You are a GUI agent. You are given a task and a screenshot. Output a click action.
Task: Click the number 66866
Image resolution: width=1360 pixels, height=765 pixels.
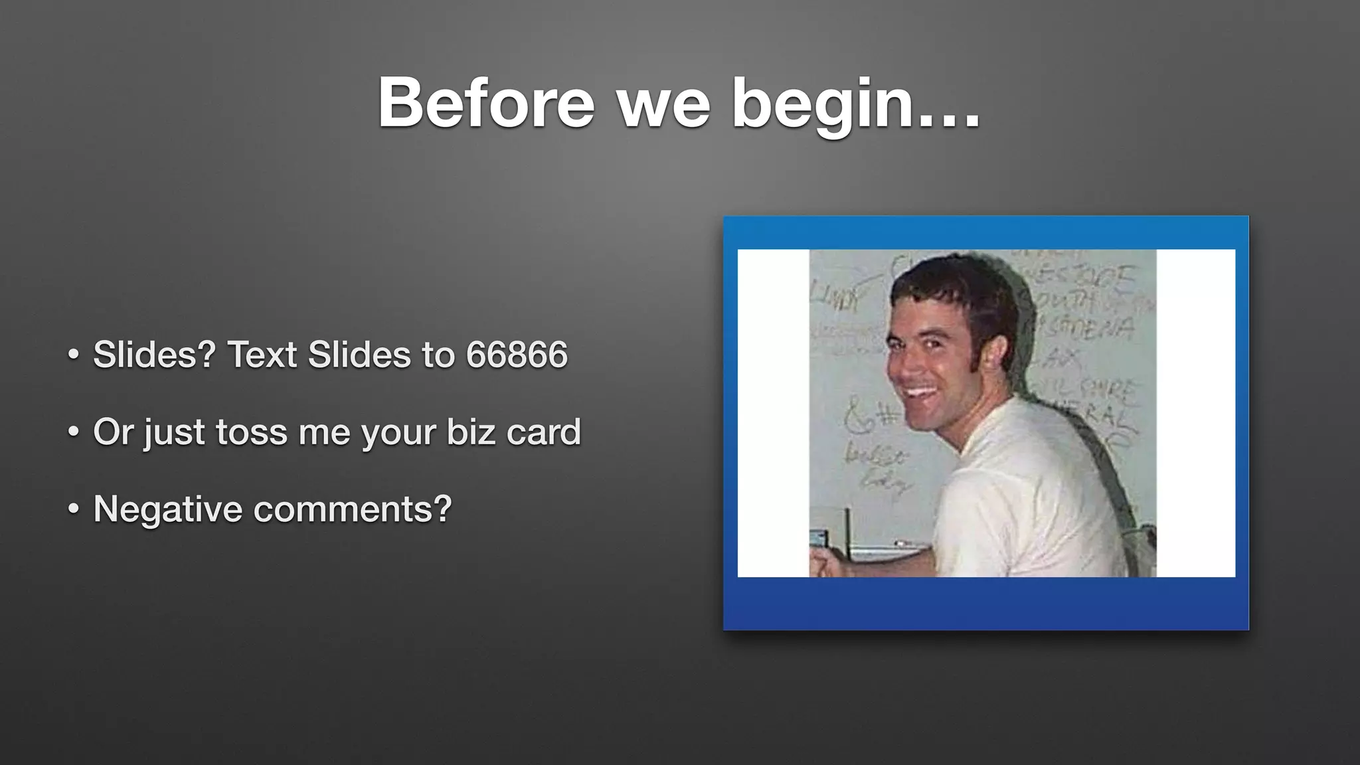click(x=517, y=355)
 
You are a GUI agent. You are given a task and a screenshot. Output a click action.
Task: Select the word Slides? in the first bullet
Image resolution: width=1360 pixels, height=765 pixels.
click(x=154, y=355)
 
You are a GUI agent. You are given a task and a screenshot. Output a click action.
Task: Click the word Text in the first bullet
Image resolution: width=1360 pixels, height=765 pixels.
click(x=262, y=355)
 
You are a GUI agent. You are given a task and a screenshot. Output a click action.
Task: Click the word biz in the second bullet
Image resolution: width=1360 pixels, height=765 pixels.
click(x=470, y=432)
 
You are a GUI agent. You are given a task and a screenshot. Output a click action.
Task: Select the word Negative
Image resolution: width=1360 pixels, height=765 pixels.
click(x=167, y=509)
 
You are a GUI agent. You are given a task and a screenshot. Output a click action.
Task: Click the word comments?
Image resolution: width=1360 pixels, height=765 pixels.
click(x=353, y=509)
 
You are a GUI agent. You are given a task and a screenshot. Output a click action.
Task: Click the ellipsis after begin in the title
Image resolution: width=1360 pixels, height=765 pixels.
click(x=950, y=120)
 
